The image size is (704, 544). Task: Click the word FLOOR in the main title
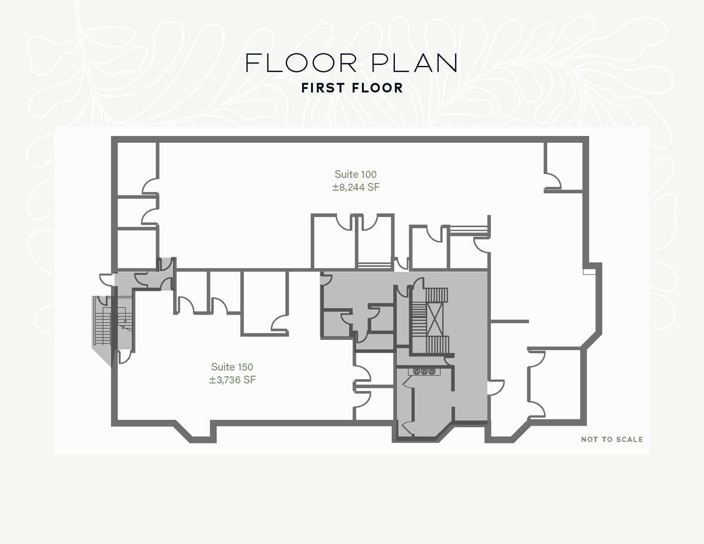click(x=301, y=63)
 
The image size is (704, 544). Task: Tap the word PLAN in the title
click(x=414, y=63)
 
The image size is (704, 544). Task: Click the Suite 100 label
click(x=355, y=175)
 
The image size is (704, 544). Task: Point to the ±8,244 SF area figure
click(x=356, y=187)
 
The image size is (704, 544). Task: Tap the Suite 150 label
click(x=232, y=367)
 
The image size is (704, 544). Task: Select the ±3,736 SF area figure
click(x=232, y=380)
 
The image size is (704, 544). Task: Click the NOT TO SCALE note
click(x=612, y=439)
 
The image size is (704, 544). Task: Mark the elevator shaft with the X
click(x=435, y=320)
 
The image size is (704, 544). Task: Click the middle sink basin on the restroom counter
click(x=424, y=371)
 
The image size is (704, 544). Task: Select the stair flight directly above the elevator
click(x=437, y=295)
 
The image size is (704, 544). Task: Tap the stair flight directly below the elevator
click(x=437, y=345)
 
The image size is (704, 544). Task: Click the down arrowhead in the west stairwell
click(x=125, y=322)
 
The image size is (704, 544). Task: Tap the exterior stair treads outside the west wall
click(x=102, y=321)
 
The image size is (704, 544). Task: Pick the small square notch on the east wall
click(x=589, y=272)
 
